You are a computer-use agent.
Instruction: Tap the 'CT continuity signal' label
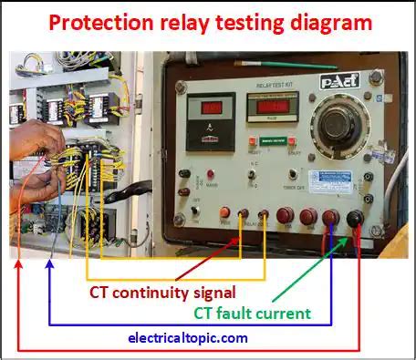point(162,293)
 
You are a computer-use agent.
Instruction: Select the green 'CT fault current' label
point(252,313)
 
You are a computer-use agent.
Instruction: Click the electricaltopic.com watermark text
point(188,337)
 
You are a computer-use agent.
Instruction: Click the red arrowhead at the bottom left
point(18,264)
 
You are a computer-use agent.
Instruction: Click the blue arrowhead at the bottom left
point(49,265)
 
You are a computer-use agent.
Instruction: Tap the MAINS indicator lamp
point(211,173)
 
